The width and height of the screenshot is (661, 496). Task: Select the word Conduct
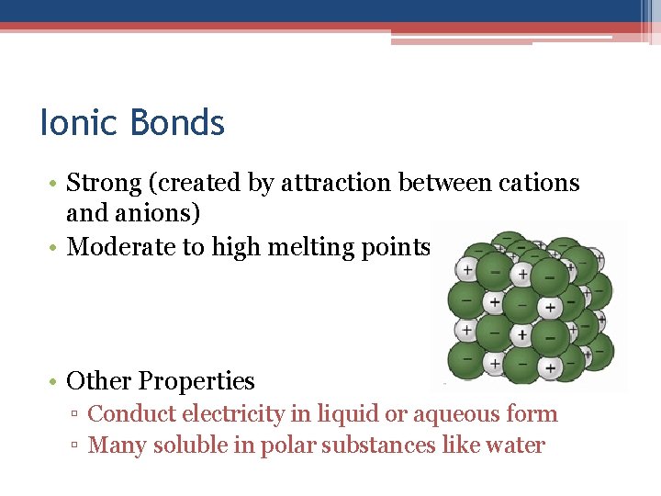pyautogui.click(x=124, y=414)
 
